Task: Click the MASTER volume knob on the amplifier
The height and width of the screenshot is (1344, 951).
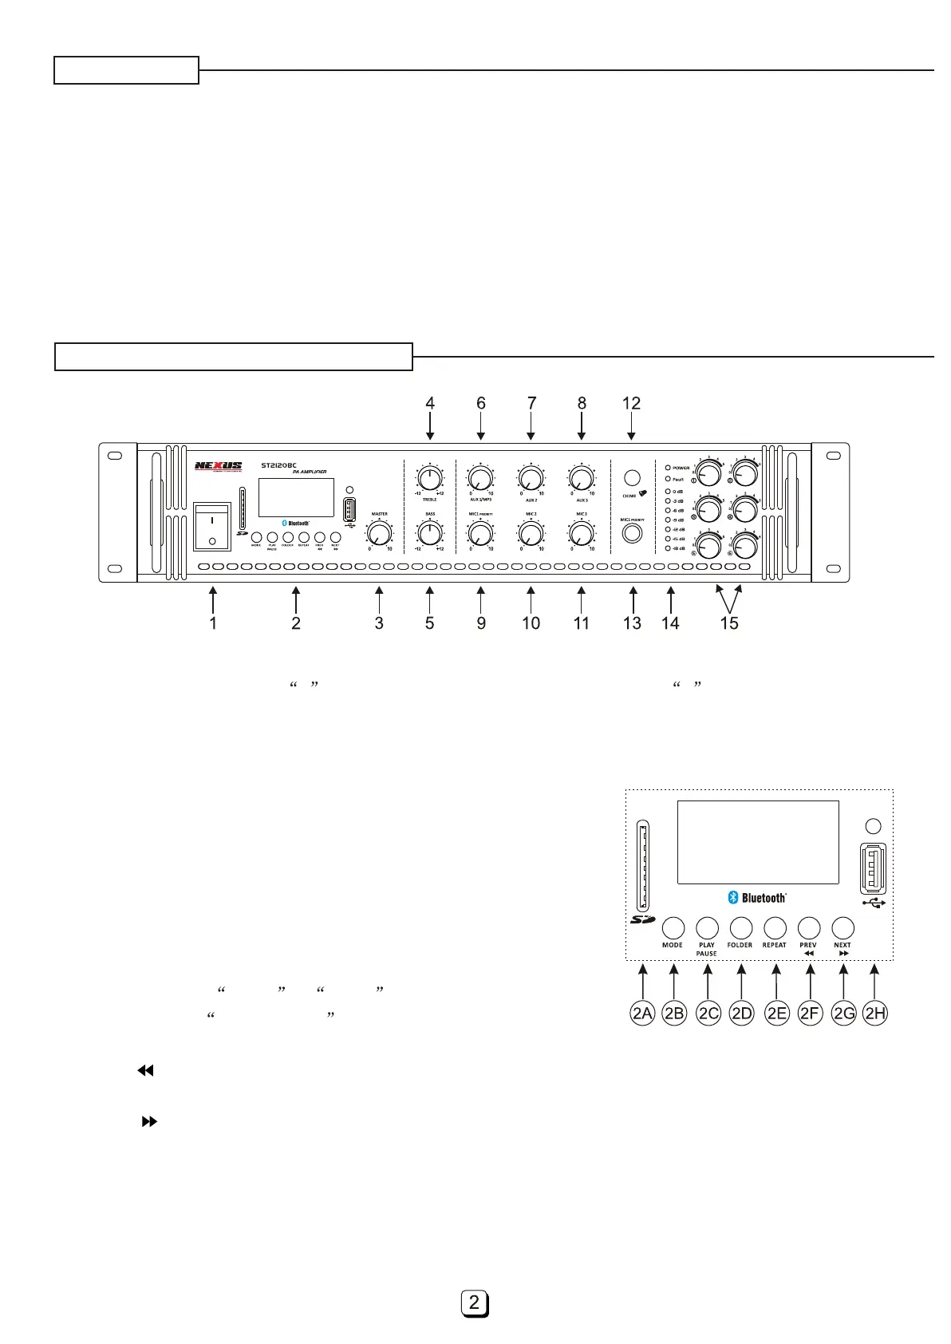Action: pyautogui.click(x=380, y=532)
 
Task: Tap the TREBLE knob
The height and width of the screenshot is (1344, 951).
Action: pyautogui.click(x=430, y=479)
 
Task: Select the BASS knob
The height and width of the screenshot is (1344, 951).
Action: pyautogui.click(x=430, y=532)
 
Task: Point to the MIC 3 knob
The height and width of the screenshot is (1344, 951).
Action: pyautogui.click(x=581, y=532)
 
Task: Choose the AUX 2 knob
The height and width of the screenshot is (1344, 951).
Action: pyautogui.click(x=531, y=479)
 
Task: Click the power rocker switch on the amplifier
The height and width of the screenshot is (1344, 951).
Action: pyautogui.click(x=212, y=527)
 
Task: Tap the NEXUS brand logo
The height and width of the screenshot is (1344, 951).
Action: pyautogui.click(x=219, y=465)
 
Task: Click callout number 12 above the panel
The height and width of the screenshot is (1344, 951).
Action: pyautogui.click(x=631, y=404)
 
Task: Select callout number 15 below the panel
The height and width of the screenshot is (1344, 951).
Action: pyautogui.click(x=729, y=623)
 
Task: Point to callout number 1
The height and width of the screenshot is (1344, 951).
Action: pyautogui.click(x=213, y=623)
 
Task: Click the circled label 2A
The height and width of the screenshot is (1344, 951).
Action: pyautogui.click(x=642, y=1014)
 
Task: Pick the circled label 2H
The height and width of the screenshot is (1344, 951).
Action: pyautogui.click(x=875, y=1014)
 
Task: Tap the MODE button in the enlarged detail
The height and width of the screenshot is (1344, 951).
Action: pyautogui.click(x=673, y=927)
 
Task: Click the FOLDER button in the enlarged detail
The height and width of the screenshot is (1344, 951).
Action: pyautogui.click(x=741, y=927)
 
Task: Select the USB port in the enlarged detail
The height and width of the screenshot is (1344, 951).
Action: pyautogui.click(x=873, y=868)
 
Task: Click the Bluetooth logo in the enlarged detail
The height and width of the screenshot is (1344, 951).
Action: pyautogui.click(x=757, y=898)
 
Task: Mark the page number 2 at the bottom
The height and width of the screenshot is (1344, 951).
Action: pyautogui.click(x=475, y=1303)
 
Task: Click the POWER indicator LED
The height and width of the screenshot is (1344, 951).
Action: pyautogui.click(x=668, y=468)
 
